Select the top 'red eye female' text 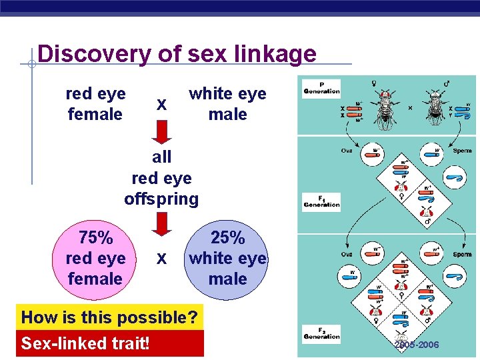click(95, 104)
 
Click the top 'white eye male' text click(227, 104)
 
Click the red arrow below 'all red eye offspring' click(161, 223)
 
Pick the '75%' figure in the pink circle click(95, 238)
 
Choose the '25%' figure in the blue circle click(227, 238)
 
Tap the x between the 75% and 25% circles click(161, 258)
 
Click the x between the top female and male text click(161, 105)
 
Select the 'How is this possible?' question click(110, 317)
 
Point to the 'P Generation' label click(321, 88)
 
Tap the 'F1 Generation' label click(321, 201)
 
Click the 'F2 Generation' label click(321, 333)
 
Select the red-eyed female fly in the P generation click(385, 109)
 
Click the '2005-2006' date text click(417, 345)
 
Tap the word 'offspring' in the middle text click(161, 199)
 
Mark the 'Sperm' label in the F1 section click(461, 151)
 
